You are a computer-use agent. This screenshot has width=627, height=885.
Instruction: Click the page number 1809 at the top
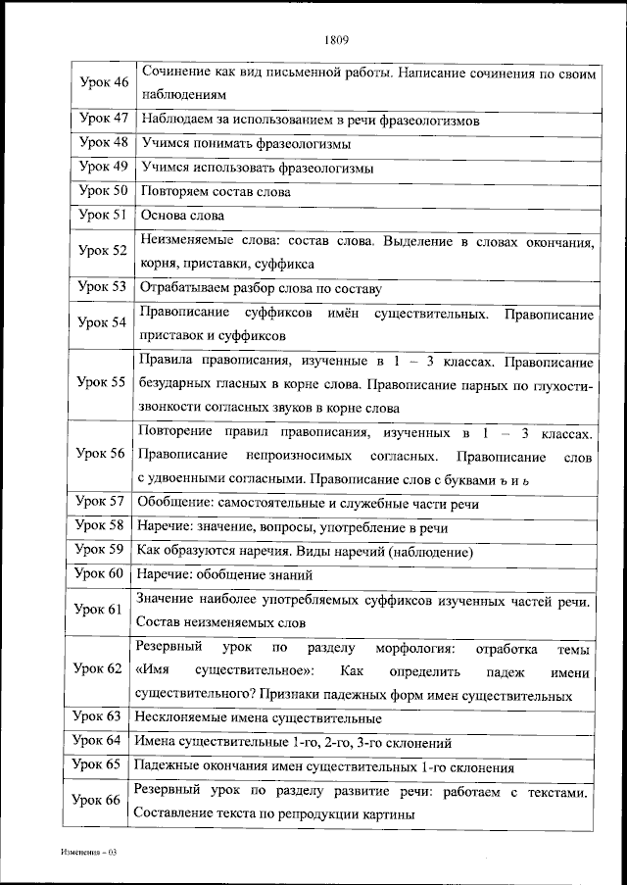click(x=336, y=40)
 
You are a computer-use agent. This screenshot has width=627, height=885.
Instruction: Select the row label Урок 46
click(x=104, y=82)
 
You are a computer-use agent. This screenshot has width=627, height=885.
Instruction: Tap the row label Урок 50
click(x=104, y=192)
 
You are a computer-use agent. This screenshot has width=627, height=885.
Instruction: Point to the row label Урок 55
click(x=104, y=382)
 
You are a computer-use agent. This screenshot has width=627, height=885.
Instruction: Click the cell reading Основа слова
click(x=183, y=216)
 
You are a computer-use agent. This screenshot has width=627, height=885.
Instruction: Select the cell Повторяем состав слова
click(x=216, y=192)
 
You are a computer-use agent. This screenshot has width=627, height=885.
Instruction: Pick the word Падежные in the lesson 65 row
click(x=169, y=766)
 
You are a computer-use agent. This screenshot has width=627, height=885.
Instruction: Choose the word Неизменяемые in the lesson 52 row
click(x=185, y=241)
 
